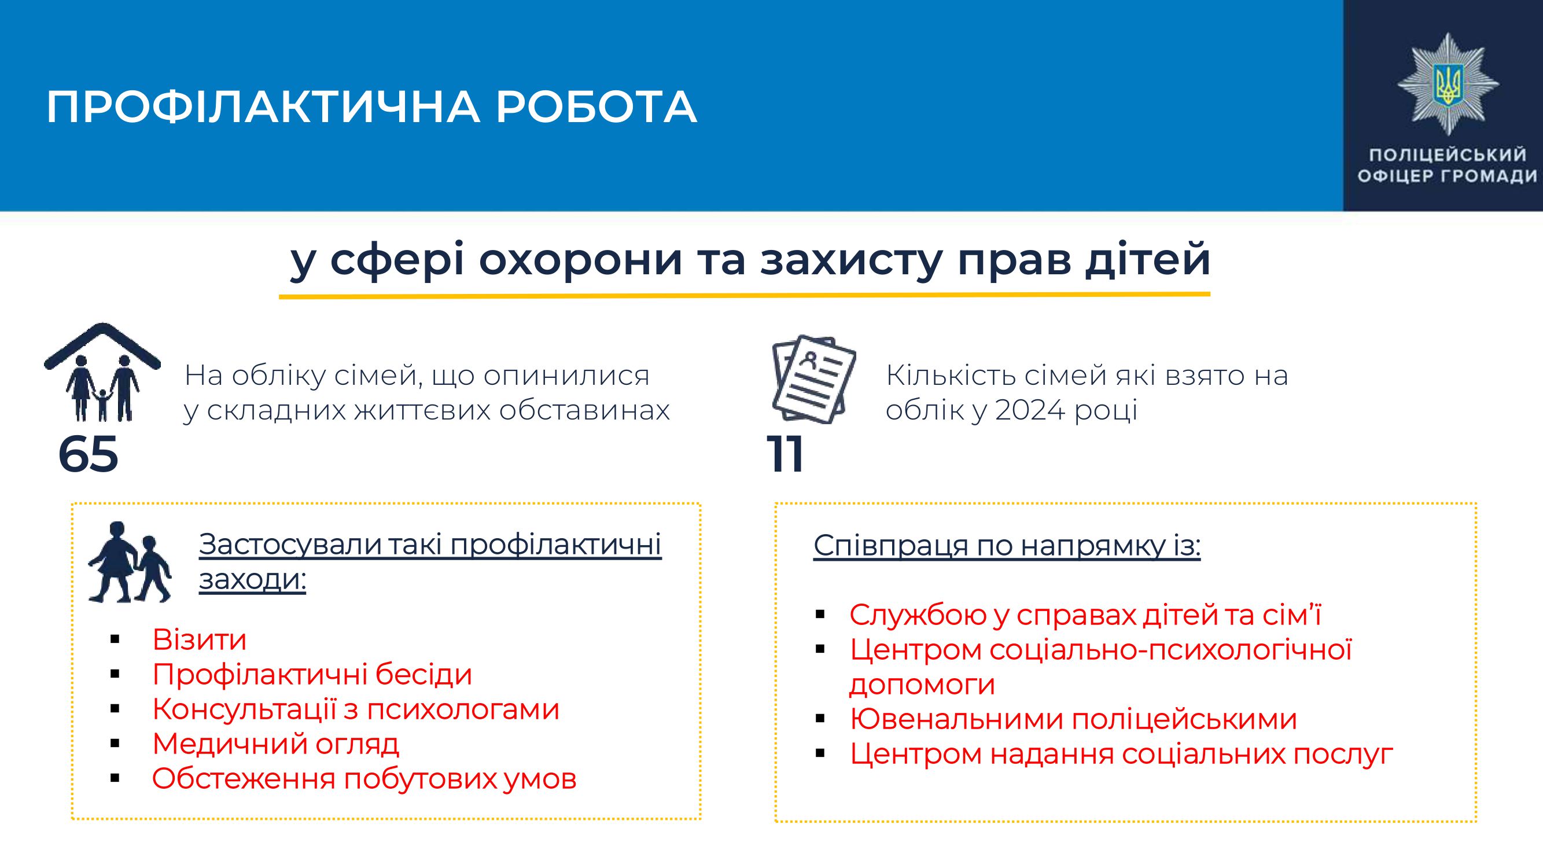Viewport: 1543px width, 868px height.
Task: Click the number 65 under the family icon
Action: click(88, 455)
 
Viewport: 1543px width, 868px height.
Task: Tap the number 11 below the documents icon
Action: click(785, 455)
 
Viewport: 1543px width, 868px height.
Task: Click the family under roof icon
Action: click(102, 372)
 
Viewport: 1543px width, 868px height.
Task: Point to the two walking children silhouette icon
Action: click(130, 562)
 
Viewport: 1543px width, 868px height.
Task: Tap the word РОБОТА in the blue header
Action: click(596, 108)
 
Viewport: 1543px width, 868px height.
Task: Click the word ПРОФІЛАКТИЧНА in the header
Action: click(263, 108)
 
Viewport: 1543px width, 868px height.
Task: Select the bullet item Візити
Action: click(200, 639)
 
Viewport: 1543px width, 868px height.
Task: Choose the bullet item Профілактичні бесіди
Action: click(312, 674)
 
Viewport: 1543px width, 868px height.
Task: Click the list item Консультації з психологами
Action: click(356, 709)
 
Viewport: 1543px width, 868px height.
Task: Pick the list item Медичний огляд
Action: click(275, 744)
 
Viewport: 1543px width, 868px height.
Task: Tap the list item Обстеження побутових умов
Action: click(364, 779)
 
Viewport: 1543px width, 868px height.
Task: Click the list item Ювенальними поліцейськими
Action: click(1073, 719)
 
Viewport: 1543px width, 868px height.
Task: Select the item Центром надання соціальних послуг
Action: click(1121, 753)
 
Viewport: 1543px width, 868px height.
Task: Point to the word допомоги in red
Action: click(922, 685)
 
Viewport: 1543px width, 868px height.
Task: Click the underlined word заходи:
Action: click(252, 579)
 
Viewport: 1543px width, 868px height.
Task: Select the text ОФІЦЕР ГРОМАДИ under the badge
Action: click(1447, 176)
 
